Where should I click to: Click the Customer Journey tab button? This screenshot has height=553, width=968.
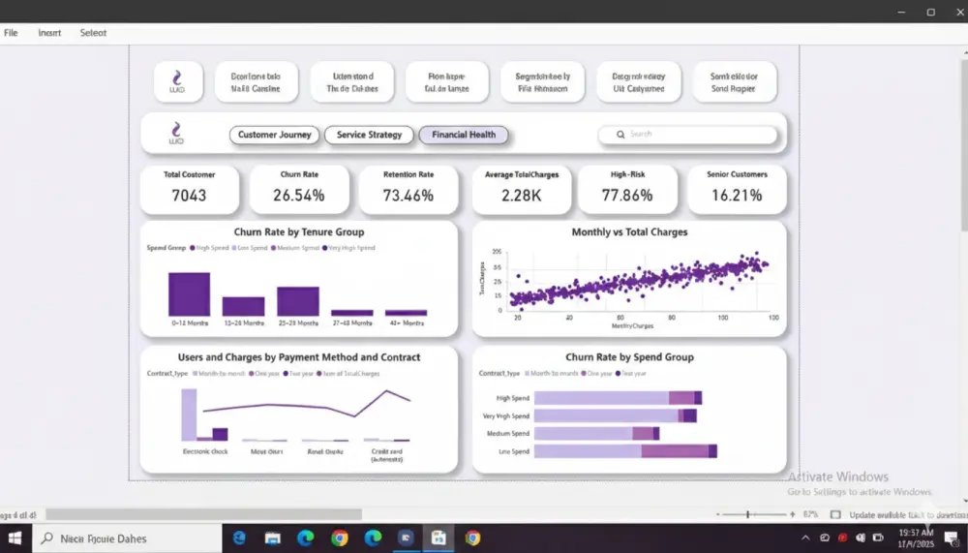pyautogui.click(x=275, y=135)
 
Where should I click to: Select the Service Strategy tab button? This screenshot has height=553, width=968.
pyautogui.click(x=369, y=135)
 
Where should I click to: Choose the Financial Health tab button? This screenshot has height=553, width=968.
pyautogui.click(x=463, y=135)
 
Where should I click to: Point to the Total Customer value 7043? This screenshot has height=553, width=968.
pyautogui.click(x=190, y=195)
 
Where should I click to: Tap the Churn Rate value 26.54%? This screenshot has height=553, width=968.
pyautogui.click(x=299, y=195)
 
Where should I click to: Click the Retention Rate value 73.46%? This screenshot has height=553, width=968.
pyautogui.click(x=408, y=195)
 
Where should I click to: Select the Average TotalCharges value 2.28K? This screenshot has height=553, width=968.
pyautogui.click(x=522, y=195)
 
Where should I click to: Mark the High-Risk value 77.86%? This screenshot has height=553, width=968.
pyautogui.click(x=626, y=195)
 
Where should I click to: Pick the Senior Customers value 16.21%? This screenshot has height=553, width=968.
pyautogui.click(x=737, y=195)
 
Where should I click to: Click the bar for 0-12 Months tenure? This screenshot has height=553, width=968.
pyautogui.click(x=189, y=294)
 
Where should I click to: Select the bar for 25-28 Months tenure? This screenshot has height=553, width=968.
pyautogui.click(x=297, y=301)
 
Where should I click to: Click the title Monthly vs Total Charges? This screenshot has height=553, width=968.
pyautogui.click(x=629, y=232)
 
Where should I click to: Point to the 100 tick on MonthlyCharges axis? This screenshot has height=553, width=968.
pyautogui.click(x=722, y=318)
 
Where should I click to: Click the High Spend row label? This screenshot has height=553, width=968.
pyautogui.click(x=513, y=398)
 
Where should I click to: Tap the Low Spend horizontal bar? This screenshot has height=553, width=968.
pyautogui.click(x=624, y=451)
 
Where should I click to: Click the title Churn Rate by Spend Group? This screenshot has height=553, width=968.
pyautogui.click(x=629, y=357)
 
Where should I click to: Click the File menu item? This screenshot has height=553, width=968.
pyautogui.click(x=11, y=33)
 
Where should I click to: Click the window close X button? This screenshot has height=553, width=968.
pyautogui.click(x=956, y=12)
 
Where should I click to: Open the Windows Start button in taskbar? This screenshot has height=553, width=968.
pyautogui.click(x=15, y=538)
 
